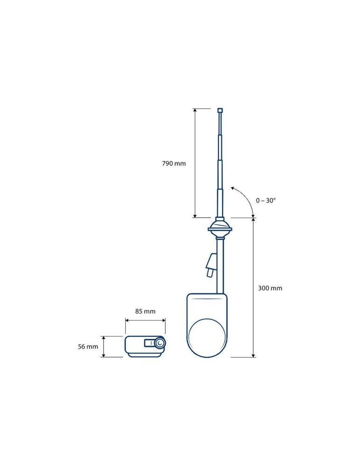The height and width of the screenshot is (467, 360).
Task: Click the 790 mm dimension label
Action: (174, 163)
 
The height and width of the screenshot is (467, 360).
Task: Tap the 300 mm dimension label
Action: (270, 288)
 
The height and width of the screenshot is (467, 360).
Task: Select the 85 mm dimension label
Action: (145, 311)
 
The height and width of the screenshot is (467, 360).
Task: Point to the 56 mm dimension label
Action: (88, 347)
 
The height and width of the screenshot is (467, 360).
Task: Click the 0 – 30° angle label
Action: (266, 200)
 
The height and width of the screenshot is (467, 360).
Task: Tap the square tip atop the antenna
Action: (220, 110)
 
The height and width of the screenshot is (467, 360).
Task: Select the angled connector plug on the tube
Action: (212, 265)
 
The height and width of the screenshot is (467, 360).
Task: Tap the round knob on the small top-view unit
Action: (160, 343)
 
